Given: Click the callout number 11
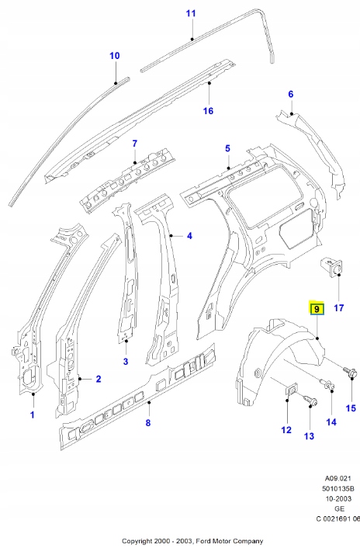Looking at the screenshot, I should point(191,13).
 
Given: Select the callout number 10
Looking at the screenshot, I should point(115,55).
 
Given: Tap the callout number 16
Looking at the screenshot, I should point(208,110).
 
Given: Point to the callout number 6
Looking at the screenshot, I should point(291,94).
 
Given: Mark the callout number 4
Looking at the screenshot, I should point(189,236).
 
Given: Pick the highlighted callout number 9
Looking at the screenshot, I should point(317,309).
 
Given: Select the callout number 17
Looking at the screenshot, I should point(338,307).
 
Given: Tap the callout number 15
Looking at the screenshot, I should point(350,408).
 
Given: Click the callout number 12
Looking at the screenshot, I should point(286,430).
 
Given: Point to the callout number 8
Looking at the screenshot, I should point(149,422).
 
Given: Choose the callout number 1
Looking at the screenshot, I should point(33,414).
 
